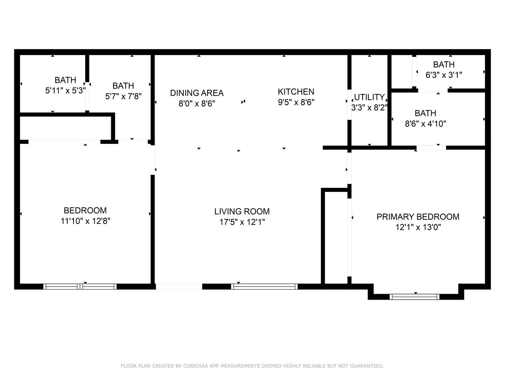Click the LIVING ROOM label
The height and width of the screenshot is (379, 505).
242,211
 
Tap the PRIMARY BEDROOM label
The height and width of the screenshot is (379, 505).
418,217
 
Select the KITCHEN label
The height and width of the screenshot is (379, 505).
296,92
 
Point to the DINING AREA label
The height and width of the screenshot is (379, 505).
197,93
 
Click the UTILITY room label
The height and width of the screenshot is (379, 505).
369,97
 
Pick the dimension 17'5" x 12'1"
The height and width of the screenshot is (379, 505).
242,222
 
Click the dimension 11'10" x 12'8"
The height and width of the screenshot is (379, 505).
85,221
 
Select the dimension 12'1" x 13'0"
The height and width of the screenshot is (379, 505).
418,227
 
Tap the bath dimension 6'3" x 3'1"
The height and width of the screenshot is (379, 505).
444,75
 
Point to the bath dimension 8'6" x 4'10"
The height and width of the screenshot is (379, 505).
425,124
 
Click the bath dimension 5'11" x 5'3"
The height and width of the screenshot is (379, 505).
65,91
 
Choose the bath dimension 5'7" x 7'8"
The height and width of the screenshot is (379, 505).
123,96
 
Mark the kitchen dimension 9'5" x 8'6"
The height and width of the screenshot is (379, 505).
296,102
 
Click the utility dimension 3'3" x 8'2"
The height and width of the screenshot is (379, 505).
369,107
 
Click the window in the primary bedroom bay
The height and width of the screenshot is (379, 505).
415,297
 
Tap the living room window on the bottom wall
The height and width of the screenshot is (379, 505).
264,286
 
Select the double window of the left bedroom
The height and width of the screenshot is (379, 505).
80,286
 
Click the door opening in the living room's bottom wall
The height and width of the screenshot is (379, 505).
179,286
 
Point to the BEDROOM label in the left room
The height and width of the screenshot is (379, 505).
85,211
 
